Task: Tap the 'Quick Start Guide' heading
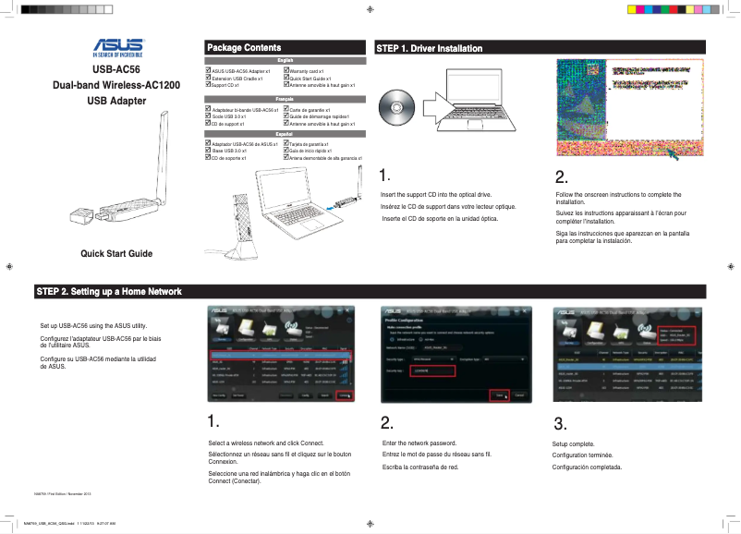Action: pos(116,253)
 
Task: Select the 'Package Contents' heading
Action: pos(244,47)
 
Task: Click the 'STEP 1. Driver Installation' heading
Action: pos(429,47)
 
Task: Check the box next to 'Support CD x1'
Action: pos(208,85)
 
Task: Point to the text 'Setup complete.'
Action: pos(573,444)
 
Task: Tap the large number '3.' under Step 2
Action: pos(560,424)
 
